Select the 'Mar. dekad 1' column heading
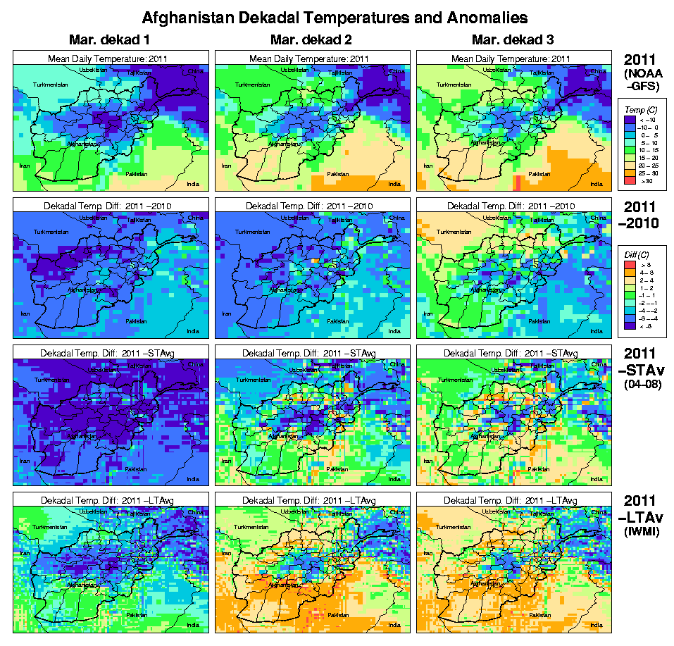pyautogui.click(x=109, y=39)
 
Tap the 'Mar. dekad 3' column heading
pyautogui.click(x=512, y=39)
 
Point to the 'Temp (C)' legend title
pyautogui.click(x=641, y=108)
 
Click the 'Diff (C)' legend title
pyautogui.click(x=642, y=254)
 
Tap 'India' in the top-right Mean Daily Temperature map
pyautogui.click(x=597, y=185)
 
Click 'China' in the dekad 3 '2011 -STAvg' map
pyautogui.click(x=598, y=364)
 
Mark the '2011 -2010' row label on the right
pyautogui.click(x=642, y=215)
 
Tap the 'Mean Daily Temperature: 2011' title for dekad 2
pyautogui.click(x=311, y=58)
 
